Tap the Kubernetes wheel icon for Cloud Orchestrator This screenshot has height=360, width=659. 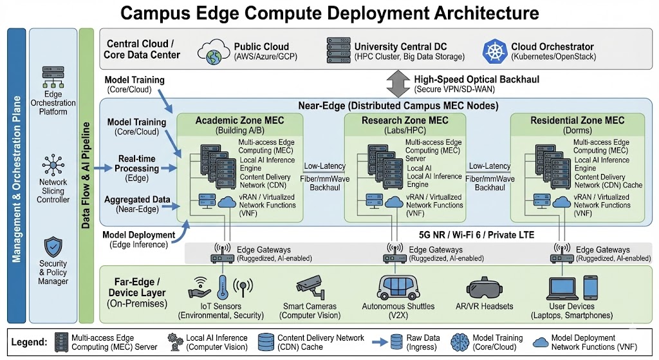click(x=494, y=50)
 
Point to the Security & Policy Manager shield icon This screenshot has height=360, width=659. click(x=52, y=248)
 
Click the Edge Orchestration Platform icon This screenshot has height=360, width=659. click(x=52, y=77)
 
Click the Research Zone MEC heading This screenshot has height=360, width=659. click(x=404, y=120)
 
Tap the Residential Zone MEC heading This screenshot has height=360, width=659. click(x=577, y=120)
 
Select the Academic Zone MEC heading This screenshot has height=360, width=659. click(x=239, y=120)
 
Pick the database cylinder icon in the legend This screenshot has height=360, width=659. click(x=266, y=342)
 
